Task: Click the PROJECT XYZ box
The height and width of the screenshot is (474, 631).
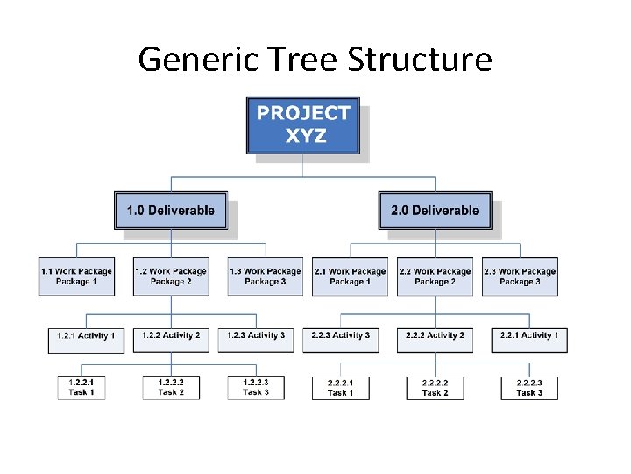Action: tap(303, 125)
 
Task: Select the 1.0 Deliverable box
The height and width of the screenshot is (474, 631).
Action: tap(171, 211)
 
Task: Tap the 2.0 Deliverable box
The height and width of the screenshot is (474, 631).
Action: tap(435, 211)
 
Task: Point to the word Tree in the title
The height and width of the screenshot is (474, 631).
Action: tap(293, 60)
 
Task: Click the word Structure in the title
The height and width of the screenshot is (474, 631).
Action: tap(420, 60)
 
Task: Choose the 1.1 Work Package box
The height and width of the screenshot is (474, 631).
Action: tap(76, 276)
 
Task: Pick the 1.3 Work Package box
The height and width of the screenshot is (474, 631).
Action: tap(265, 276)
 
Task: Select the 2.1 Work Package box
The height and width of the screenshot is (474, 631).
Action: tap(350, 276)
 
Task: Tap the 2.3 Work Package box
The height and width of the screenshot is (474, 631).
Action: tap(520, 276)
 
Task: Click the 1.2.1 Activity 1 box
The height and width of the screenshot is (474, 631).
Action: tap(86, 336)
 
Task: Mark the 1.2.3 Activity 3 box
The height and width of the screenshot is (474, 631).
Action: tap(256, 336)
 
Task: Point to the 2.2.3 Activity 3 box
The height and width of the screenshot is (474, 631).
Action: tap(341, 336)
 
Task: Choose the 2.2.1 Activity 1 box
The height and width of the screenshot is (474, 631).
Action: tap(529, 336)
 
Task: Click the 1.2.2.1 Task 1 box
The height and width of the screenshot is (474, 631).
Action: tap(82, 387)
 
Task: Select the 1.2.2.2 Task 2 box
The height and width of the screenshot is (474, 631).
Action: tap(171, 387)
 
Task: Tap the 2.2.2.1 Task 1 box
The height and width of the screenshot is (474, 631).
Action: tap(341, 388)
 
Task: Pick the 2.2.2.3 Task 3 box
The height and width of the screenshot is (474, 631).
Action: tap(529, 388)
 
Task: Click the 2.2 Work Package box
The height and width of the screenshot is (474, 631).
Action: tap(435, 276)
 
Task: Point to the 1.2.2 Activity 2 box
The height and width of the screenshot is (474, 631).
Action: tap(171, 336)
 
